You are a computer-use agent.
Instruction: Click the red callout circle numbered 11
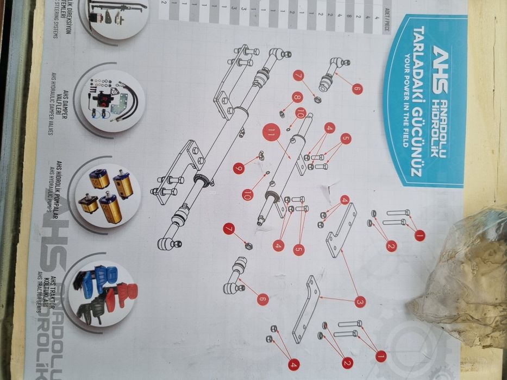point(271,132)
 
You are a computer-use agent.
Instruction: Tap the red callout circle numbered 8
point(297,98)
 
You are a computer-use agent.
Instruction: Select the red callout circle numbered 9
point(239,169)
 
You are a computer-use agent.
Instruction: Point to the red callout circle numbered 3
point(360,301)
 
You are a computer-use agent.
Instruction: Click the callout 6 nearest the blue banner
point(356,87)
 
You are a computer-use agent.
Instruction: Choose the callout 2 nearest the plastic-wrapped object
point(391,246)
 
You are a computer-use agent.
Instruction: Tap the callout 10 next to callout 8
point(301,113)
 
